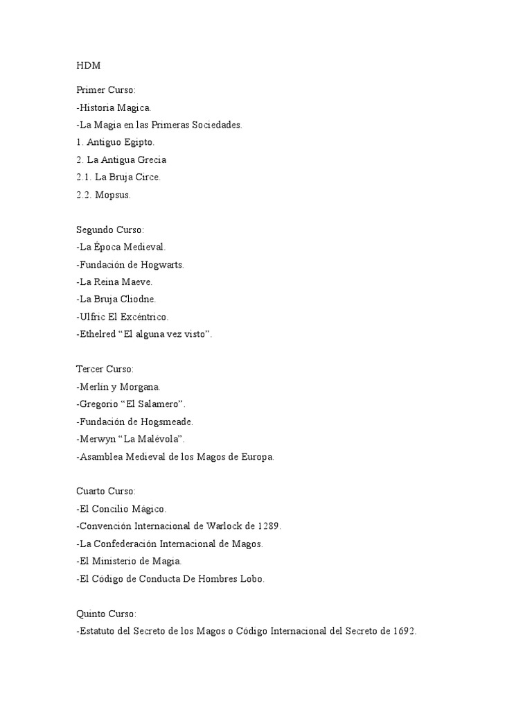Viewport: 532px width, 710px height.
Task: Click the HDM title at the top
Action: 88,65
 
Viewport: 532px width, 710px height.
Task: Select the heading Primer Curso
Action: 106,90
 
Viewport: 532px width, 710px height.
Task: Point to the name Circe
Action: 148,177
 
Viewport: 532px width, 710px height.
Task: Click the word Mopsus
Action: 113,195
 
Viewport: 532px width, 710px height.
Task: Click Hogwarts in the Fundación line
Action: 163,265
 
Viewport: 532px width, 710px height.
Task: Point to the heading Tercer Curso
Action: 105,369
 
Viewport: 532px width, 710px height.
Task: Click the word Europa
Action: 258,456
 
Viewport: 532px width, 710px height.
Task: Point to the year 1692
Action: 402,631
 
